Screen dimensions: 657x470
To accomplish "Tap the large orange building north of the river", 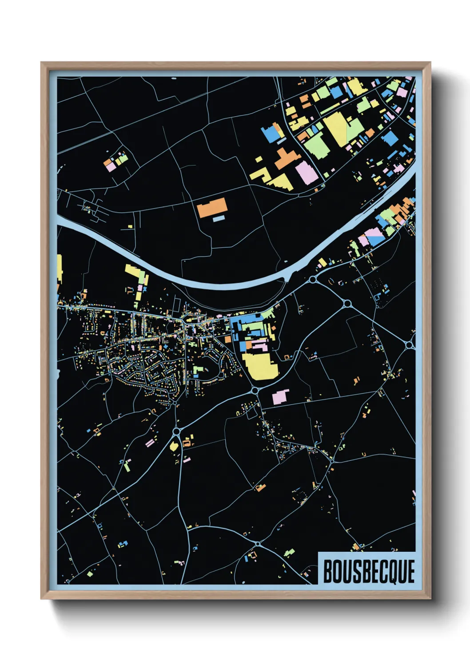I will click(212, 207).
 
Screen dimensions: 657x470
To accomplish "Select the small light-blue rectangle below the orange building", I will click(219, 219).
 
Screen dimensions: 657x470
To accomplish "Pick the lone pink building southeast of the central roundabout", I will click(280, 397).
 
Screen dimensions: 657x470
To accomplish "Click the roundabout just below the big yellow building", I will click(255, 390).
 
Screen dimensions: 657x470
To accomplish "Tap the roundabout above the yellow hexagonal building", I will click(176, 431).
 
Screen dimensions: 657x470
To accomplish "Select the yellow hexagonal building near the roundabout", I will click(174, 446).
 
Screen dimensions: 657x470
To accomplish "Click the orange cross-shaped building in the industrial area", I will click(284, 159).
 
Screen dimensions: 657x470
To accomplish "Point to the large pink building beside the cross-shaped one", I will click(307, 173).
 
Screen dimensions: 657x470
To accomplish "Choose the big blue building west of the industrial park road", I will click(270, 133).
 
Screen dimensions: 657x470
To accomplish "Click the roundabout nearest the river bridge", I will click(313, 280).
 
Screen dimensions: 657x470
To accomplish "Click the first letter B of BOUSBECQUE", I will click(328, 571).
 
